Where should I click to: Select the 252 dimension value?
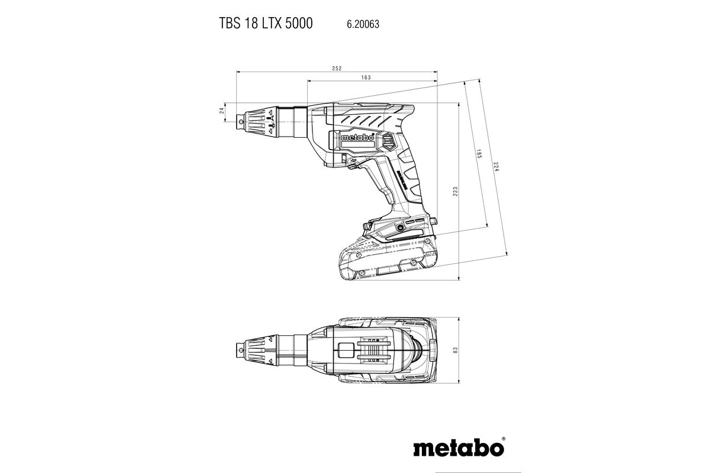(x=337, y=69)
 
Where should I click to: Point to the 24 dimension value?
(x=222, y=111)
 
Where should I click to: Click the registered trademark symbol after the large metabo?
(x=504, y=439)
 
